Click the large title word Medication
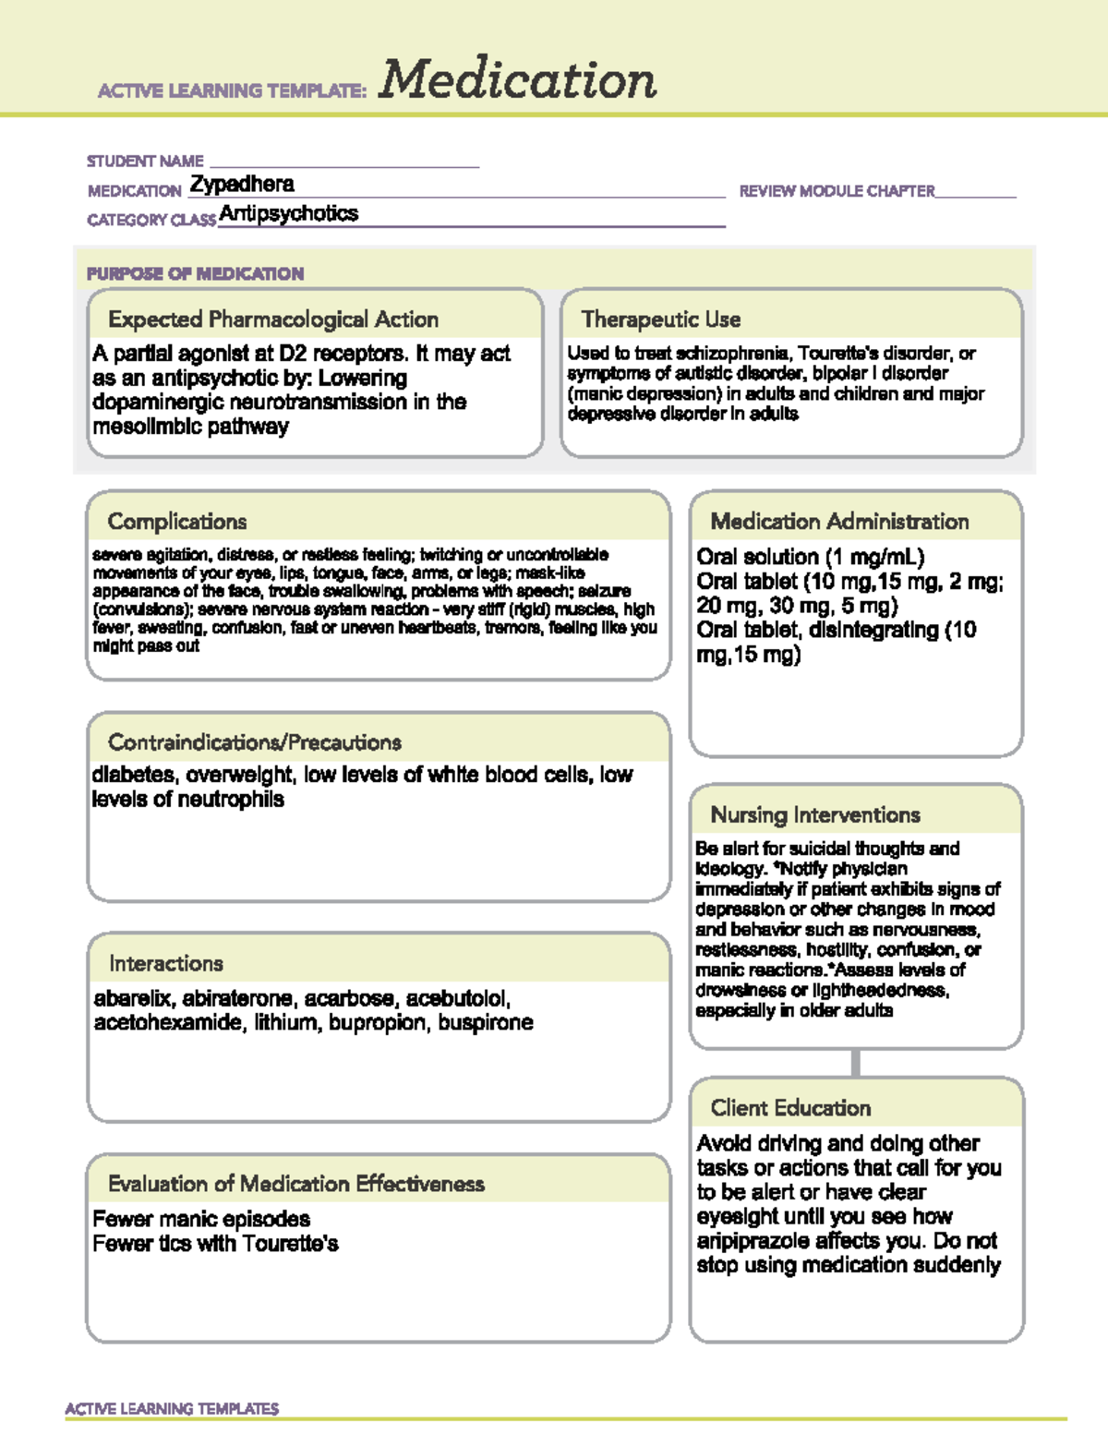pos(517,79)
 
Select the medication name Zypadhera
pos(242,185)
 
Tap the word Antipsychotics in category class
pos(289,214)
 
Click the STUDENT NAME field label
pos(145,162)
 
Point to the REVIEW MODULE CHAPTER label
pos(837,191)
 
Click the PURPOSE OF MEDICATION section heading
pos(195,274)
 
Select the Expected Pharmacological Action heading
pos(273,319)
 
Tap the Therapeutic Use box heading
pos(661,319)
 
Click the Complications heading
pos(177,522)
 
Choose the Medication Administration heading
pos(839,522)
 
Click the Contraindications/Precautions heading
pos(255,742)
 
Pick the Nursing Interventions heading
pos(815,815)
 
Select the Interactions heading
pos(166,964)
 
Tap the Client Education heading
pos(790,1108)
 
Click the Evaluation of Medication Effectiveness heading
pos(296,1184)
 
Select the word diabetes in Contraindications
pos(133,775)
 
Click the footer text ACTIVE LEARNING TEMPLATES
pos(172,1408)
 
